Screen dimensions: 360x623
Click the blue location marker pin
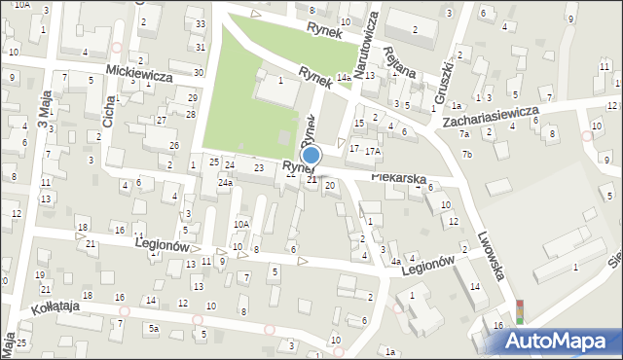pos(311,156)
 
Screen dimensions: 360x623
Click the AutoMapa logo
pos(562,339)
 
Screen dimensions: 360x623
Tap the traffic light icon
pos(520,310)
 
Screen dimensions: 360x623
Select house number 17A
pos(372,152)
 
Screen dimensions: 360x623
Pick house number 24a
pos(225,183)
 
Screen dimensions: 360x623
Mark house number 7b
pos(467,154)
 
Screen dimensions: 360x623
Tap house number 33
pos(200,23)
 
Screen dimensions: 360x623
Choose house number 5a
pos(154,329)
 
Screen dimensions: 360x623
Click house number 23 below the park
pos(258,168)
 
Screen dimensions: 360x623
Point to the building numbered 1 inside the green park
pos(281,81)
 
